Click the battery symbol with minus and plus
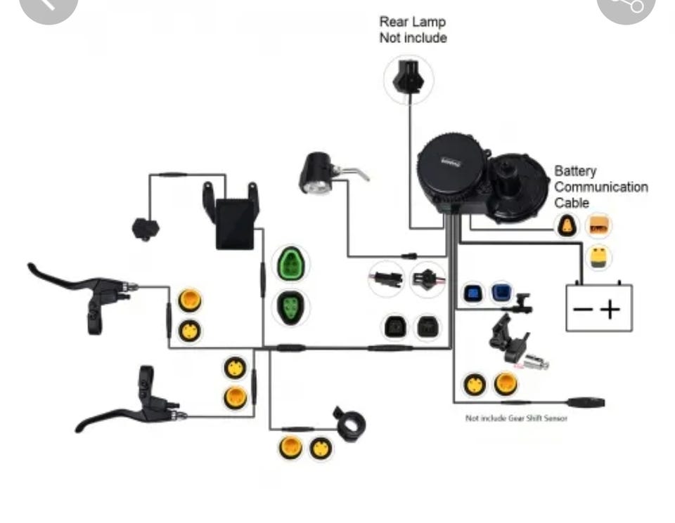click(599, 307)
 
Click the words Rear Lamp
click(413, 22)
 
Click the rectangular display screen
click(233, 223)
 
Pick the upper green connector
click(290, 263)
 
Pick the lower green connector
click(290, 307)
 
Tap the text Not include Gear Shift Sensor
click(516, 418)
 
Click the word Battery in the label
click(574, 171)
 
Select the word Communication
click(601, 187)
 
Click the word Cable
click(572, 203)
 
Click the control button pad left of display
click(144, 228)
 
